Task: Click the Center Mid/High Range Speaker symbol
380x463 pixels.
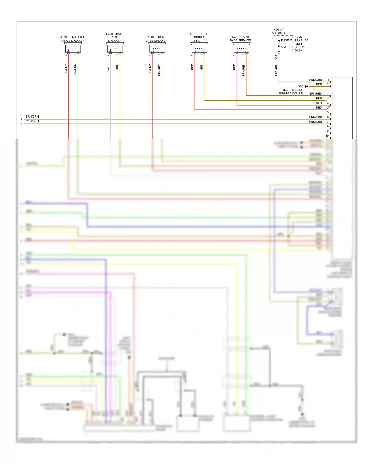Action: point(73,48)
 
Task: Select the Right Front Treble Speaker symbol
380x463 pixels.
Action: point(115,48)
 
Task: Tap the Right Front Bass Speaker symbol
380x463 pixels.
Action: point(157,48)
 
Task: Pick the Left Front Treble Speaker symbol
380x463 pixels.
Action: point(199,48)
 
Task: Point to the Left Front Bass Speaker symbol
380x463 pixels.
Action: point(241,48)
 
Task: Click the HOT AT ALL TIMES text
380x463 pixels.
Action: point(279,31)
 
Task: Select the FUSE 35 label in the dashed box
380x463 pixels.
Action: point(287,40)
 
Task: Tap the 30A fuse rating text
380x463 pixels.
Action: point(283,47)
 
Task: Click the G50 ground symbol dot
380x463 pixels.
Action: point(307,86)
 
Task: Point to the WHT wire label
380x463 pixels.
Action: point(108,67)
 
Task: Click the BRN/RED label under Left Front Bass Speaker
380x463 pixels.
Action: point(243,70)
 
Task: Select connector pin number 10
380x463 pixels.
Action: point(327,136)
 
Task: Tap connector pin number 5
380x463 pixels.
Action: point(328,112)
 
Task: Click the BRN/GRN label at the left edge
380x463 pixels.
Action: point(32,117)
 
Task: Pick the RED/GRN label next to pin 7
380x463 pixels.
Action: point(315,122)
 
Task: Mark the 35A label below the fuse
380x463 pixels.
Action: point(276,57)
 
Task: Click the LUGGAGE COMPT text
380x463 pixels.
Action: point(290,93)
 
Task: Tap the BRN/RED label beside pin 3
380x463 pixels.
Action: point(315,94)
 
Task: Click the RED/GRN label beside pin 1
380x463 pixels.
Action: point(315,80)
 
